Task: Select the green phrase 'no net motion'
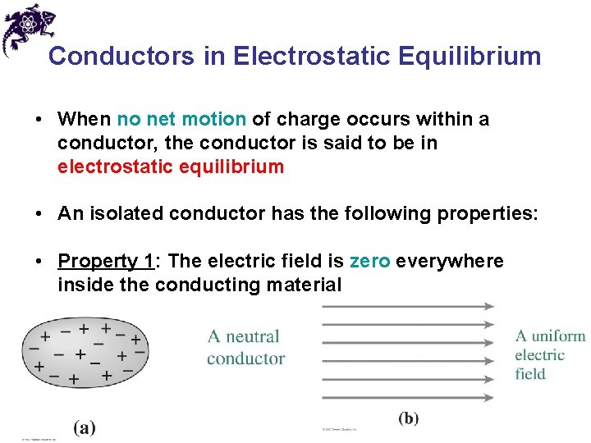pos(181,120)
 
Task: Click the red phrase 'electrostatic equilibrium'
pos(171,167)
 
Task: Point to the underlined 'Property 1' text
pos(106,262)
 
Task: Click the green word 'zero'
pos(369,262)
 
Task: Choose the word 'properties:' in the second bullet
pos(491,214)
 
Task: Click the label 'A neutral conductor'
pos(245,347)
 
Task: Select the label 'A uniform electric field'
pos(549,354)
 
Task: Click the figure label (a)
pos(85,427)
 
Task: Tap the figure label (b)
pos(408,418)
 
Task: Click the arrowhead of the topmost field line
pos(489,306)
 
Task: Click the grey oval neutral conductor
pos(85,354)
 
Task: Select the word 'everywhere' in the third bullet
pos(450,262)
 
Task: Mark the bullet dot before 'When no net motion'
pos(39,121)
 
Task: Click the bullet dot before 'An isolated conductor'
pos(39,215)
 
